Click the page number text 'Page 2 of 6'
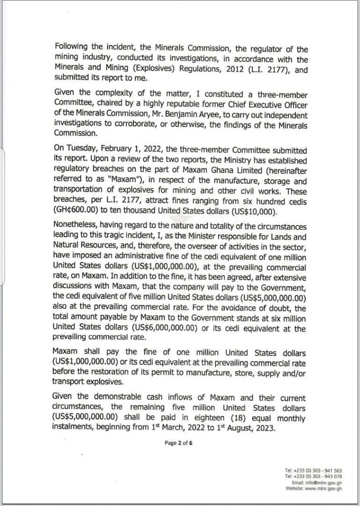pyautogui.click(x=178, y=443)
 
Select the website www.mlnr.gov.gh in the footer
pyautogui.click(x=323, y=488)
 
